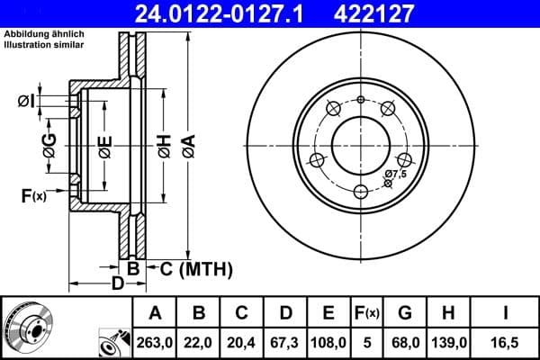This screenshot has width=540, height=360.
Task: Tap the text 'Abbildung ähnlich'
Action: (44, 34)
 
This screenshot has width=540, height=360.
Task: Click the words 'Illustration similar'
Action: (44, 45)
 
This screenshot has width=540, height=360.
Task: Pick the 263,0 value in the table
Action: (156, 343)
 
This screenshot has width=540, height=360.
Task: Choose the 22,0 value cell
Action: (200, 343)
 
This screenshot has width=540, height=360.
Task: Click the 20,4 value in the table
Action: (242, 343)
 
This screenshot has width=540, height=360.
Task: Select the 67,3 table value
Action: (285, 343)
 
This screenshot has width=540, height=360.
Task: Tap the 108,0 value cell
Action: (329, 343)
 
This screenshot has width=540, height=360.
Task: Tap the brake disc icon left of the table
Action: (35, 328)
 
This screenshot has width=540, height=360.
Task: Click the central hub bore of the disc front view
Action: (360, 143)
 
